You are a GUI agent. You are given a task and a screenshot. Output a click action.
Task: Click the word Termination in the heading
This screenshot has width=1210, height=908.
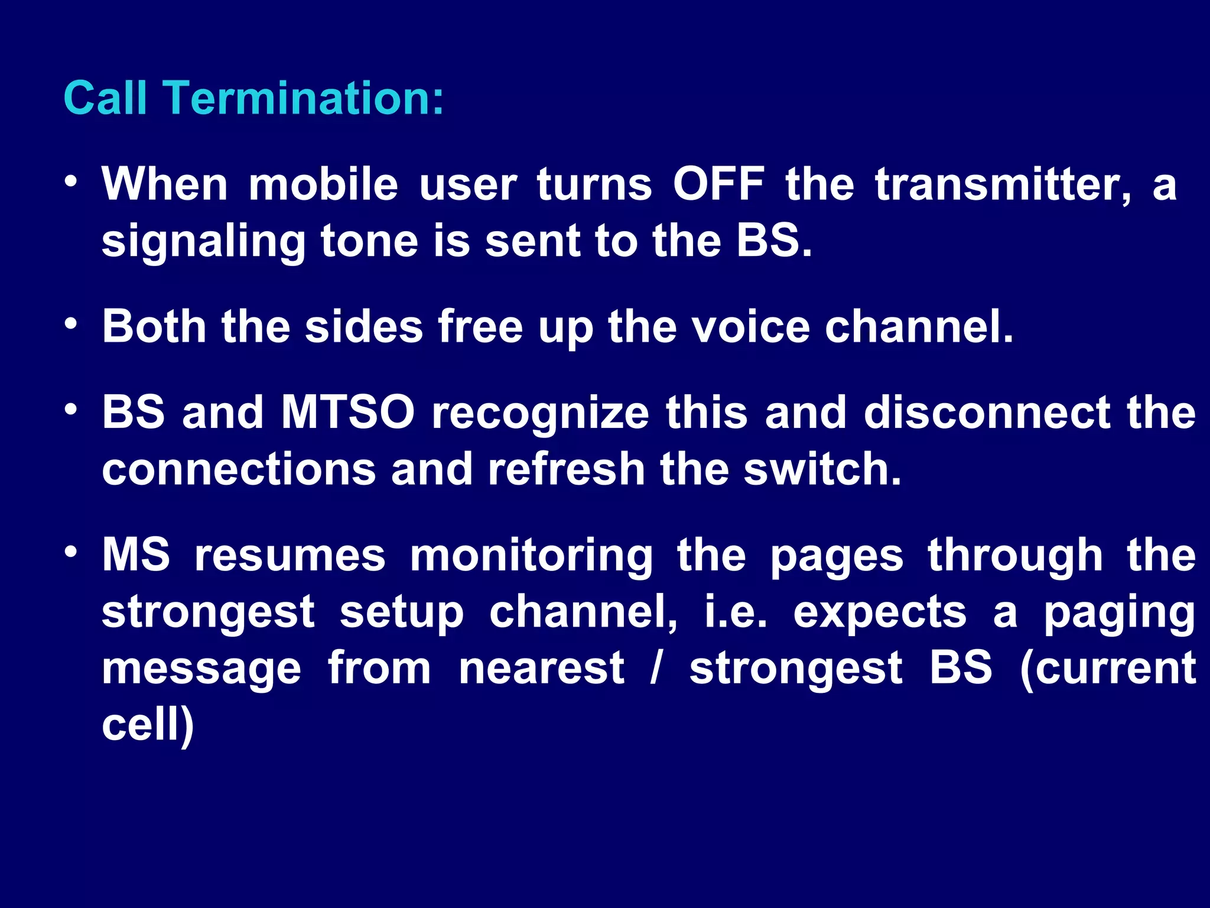pos(303,98)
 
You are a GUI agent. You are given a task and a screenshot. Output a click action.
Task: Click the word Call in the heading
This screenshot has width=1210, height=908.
pos(105,98)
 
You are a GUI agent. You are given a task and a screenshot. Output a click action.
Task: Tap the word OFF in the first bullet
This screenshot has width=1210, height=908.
pos(718,184)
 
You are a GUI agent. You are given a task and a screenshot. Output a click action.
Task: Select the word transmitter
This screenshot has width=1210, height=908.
pos(1003,184)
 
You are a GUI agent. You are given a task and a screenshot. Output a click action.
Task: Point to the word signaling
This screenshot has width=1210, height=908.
pos(203,242)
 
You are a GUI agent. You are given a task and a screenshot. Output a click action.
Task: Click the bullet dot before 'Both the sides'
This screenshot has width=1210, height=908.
pos(71,323)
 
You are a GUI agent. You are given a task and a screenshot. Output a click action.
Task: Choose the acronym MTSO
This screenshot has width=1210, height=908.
pos(348,412)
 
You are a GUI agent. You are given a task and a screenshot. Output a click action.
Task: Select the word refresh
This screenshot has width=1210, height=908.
pos(566,469)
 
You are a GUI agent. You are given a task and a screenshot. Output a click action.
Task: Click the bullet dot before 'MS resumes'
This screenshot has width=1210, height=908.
pos(71,552)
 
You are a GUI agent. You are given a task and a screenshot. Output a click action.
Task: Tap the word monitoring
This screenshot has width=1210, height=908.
pos(531,556)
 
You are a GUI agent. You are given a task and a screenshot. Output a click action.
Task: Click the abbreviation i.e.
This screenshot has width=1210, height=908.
pos(736,612)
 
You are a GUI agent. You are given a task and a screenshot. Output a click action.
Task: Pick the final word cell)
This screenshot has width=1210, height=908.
pos(148,725)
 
